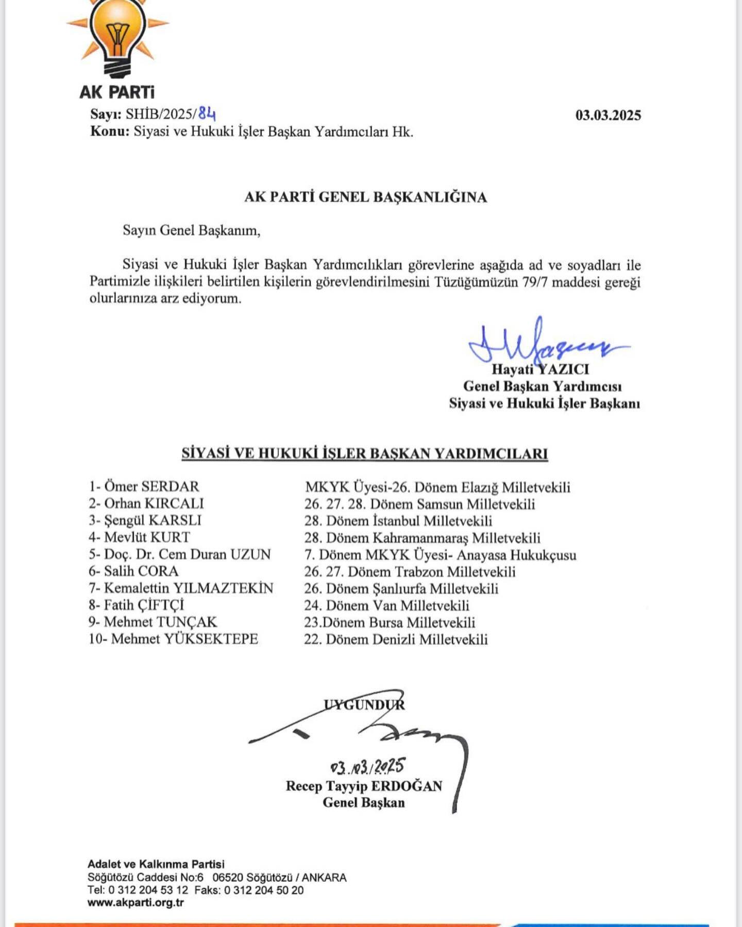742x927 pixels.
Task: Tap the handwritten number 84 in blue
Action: click(207, 113)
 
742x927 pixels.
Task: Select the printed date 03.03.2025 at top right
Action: click(608, 115)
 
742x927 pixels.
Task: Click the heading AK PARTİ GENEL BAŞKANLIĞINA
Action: click(365, 197)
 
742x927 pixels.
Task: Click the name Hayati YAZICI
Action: click(540, 369)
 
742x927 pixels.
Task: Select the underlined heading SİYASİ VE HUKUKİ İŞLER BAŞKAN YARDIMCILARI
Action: click(364, 454)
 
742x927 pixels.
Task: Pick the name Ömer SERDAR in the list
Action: click(151, 487)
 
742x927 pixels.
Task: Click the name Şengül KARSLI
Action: click(153, 520)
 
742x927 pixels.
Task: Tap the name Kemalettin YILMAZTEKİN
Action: click(189, 588)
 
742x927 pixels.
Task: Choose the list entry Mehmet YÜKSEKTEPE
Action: click(184, 639)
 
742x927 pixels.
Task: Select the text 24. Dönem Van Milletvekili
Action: click(386, 606)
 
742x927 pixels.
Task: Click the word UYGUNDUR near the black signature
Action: click(364, 705)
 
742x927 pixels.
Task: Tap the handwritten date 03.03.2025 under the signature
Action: click(367, 767)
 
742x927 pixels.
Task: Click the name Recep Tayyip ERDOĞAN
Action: click(364, 786)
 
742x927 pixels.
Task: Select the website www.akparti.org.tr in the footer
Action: click(136, 902)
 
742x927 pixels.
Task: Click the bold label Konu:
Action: click(110, 131)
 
